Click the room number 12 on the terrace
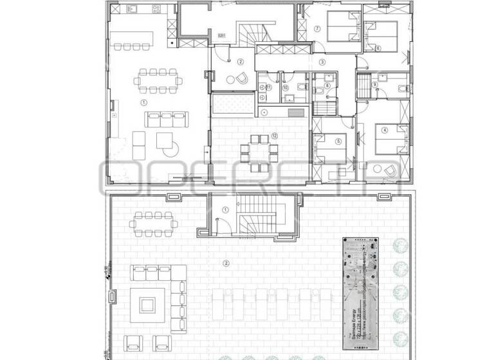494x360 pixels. [x=274, y=136]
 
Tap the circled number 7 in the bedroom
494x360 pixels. [x=316, y=29]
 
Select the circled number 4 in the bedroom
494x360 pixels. [x=385, y=129]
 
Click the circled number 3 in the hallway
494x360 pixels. [x=322, y=62]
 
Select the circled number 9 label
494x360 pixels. [x=374, y=84]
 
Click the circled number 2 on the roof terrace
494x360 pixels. [x=226, y=263]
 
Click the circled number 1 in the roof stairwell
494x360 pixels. [x=225, y=210]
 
